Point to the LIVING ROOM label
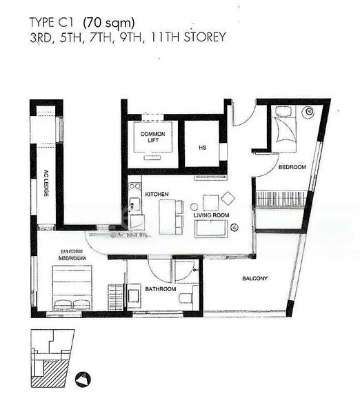tap(210, 216)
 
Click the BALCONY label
tap(254, 279)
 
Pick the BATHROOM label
tap(160, 288)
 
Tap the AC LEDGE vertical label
tap(46, 184)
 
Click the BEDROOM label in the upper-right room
tap(292, 168)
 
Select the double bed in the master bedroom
tap(72, 288)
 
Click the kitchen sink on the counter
tap(134, 204)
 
